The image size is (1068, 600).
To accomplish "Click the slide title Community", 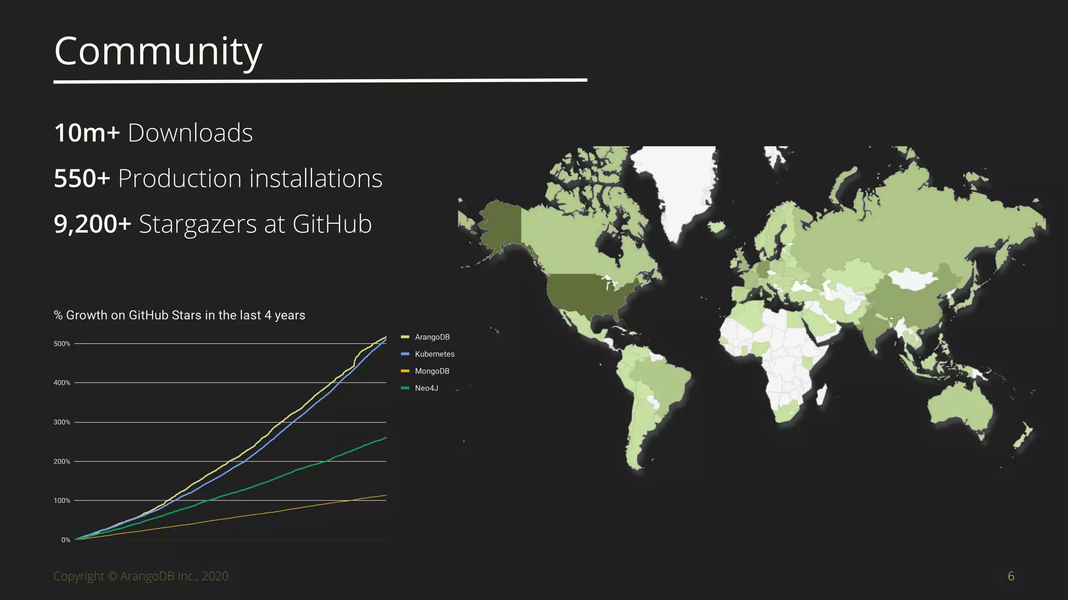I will click(158, 52).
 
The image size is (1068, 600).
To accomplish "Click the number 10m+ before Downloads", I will click(87, 133).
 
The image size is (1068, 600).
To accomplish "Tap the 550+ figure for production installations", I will click(82, 179).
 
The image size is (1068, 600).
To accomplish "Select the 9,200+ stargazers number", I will click(92, 224).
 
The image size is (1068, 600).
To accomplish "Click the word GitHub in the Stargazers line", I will click(332, 224).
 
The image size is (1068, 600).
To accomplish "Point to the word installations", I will click(316, 179).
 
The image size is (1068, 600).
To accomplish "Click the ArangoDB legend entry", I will click(432, 337).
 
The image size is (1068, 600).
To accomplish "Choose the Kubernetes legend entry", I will click(434, 354).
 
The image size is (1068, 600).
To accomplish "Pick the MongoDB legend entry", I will click(432, 371).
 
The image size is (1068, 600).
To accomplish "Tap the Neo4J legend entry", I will click(426, 388).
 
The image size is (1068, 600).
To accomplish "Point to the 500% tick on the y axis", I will click(62, 344).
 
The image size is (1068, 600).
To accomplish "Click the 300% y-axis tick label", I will click(62, 422).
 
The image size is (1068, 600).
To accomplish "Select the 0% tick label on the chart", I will click(65, 540).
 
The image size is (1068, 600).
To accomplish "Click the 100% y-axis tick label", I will click(62, 501).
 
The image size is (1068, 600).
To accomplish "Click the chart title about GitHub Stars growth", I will click(179, 315).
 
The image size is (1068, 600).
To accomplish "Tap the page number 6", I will click(1011, 576).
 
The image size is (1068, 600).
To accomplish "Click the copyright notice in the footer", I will click(141, 576).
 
